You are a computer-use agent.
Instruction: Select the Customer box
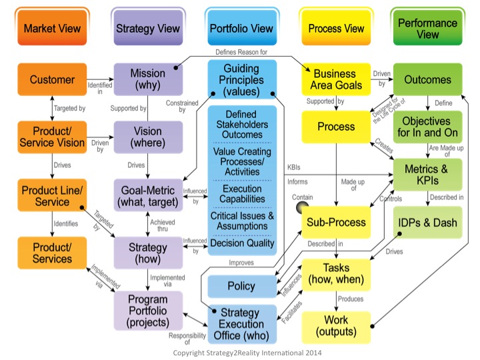point(51,80)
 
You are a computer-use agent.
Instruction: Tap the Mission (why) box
point(148,80)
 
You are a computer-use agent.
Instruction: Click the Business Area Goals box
point(338,79)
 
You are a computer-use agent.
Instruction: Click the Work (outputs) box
point(338,325)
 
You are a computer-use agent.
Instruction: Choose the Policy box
point(241,286)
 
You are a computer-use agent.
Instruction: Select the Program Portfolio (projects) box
point(148,310)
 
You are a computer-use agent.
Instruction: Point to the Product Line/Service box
point(51,196)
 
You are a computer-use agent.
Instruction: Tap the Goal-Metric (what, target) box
point(148,196)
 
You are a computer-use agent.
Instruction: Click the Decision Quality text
point(241,243)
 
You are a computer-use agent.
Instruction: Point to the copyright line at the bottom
point(239,351)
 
